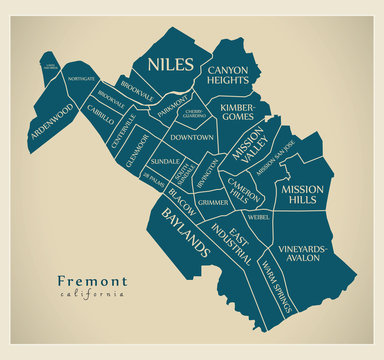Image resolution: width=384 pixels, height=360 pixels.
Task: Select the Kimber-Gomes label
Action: tap(238, 112)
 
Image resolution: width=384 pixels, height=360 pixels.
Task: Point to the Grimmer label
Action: tap(212, 203)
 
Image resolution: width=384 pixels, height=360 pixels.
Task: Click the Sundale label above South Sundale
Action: tap(165, 160)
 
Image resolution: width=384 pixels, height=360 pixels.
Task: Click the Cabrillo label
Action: tap(102, 114)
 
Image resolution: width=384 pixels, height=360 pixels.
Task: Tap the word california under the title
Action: tap(93, 296)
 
